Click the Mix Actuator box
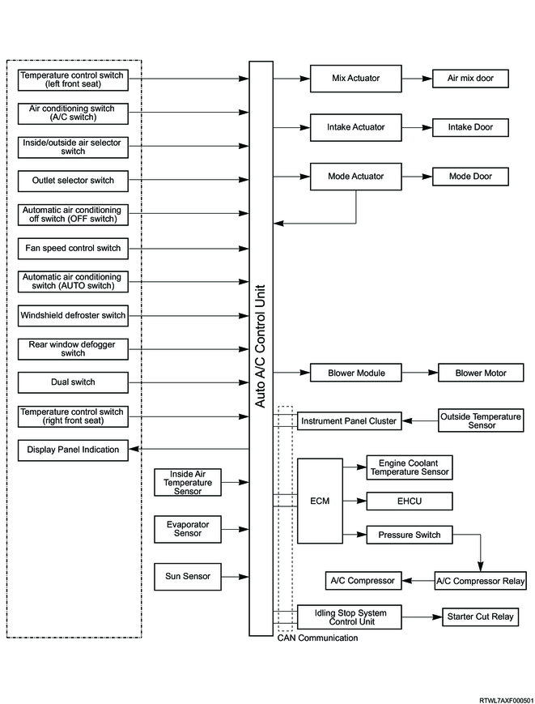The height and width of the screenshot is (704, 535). click(x=355, y=79)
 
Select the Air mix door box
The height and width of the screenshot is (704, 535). click(x=470, y=79)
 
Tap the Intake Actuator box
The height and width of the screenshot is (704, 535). click(x=355, y=127)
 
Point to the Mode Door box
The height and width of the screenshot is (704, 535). click(x=470, y=177)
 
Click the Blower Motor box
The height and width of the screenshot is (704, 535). click(x=481, y=373)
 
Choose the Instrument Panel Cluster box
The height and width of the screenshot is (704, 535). click(x=350, y=421)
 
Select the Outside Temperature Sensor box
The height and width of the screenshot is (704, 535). click(x=481, y=420)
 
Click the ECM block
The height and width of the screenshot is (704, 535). click(x=321, y=501)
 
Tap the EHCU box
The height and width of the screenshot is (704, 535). click(x=410, y=501)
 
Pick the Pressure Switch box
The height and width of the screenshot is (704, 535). click(x=410, y=535)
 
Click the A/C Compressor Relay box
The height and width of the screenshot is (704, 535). click(x=480, y=581)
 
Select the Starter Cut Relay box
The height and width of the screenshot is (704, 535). click(x=480, y=617)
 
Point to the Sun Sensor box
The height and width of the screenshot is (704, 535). click(x=188, y=577)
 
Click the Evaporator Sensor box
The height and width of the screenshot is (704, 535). click(x=188, y=529)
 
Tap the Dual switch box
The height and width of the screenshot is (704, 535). click(x=73, y=382)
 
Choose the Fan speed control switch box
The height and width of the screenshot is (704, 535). click(x=73, y=248)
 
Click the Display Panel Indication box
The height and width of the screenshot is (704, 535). click(x=73, y=450)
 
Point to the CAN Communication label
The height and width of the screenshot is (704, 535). click(x=317, y=638)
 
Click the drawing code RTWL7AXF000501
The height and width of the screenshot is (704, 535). click(x=507, y=701)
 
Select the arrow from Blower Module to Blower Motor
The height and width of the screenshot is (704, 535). click(x=420, y=373)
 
